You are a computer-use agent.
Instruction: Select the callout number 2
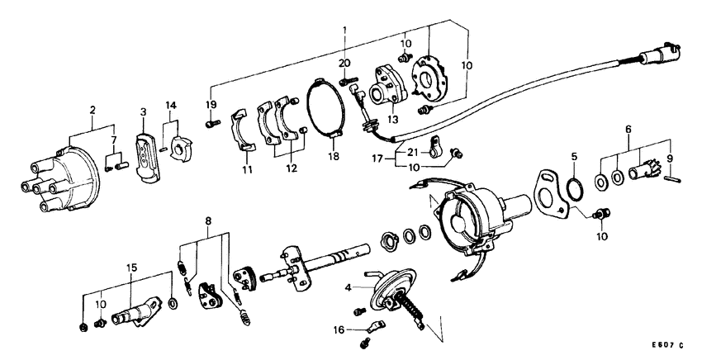[x=92, y=110]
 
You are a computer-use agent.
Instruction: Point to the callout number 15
[x=130, y=268]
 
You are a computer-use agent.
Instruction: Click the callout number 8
[x=208, y=220]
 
